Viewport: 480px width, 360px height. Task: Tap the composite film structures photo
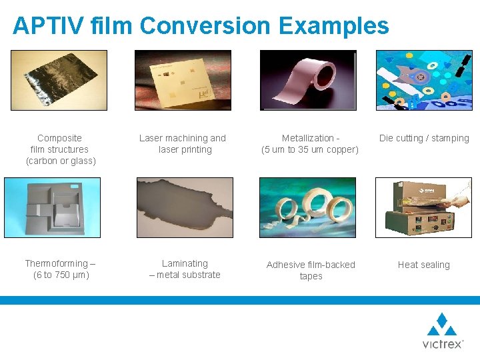pyautogui.click(x=59, y=80)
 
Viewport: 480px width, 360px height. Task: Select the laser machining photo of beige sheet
pyautogui.click(x=183, y=80)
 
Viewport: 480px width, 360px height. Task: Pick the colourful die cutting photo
pyautogui.click(x=424, y=80)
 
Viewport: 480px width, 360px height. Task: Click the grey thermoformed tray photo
pyautogui.click(x=52, y=207)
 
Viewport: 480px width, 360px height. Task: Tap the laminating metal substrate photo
pyautogui.click(x=185, y=207)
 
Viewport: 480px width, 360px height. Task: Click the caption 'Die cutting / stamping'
pyautogui.click(x=424, y=139)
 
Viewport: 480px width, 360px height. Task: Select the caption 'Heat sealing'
pyautogui.click(x=424, y=265)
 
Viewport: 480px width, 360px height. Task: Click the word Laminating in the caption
pyautogui.click(x=185, y=263)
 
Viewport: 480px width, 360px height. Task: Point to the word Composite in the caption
pyautogui.click(x=60, y=138)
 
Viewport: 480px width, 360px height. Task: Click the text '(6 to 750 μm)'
pyautogui.click(x=61, y=275)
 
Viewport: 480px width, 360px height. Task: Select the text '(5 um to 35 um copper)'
pyautogui.click(x=310, y=149)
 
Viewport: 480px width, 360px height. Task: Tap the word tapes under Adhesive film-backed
pyautogui.click(x=311, y=276)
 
